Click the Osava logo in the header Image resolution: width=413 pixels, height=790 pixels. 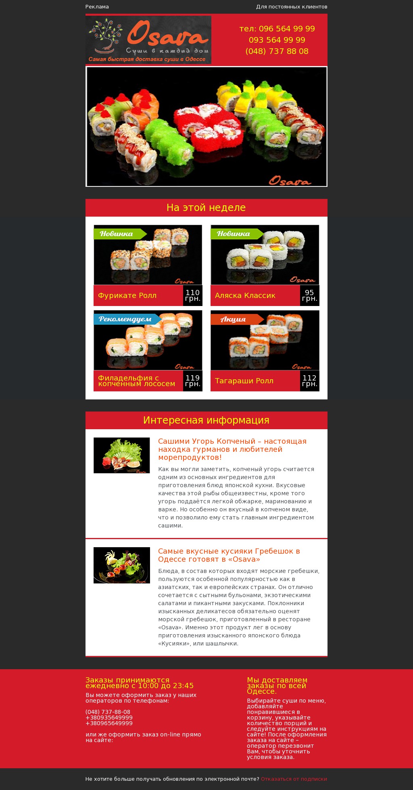coord(148,40)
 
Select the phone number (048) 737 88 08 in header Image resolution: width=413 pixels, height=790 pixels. coord(277,51)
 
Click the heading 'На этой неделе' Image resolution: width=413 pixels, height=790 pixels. coord(206,208)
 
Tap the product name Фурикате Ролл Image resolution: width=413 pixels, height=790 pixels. coord(127,296)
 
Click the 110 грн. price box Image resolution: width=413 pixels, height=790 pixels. coord(193,296)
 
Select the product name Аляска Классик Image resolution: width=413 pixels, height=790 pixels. coord(245,296)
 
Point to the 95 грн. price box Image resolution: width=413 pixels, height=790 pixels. coord(310,296)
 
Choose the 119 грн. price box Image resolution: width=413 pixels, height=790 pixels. coord(193,381)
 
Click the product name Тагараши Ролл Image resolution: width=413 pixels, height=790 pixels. coord(244,381)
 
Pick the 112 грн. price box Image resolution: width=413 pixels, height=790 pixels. coord(310,381)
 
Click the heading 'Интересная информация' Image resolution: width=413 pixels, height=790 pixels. coord(206,420)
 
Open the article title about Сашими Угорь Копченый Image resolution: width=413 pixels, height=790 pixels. coord(232,449)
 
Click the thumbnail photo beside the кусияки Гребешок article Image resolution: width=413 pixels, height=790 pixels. coord(122,565)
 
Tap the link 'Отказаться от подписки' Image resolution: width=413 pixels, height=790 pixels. coord(294,779)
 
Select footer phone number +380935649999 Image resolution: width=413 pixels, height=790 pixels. coord(109,718)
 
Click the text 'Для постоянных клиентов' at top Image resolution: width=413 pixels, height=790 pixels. coord(292,7)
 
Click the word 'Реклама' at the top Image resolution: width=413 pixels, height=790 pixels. coord(97,7)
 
